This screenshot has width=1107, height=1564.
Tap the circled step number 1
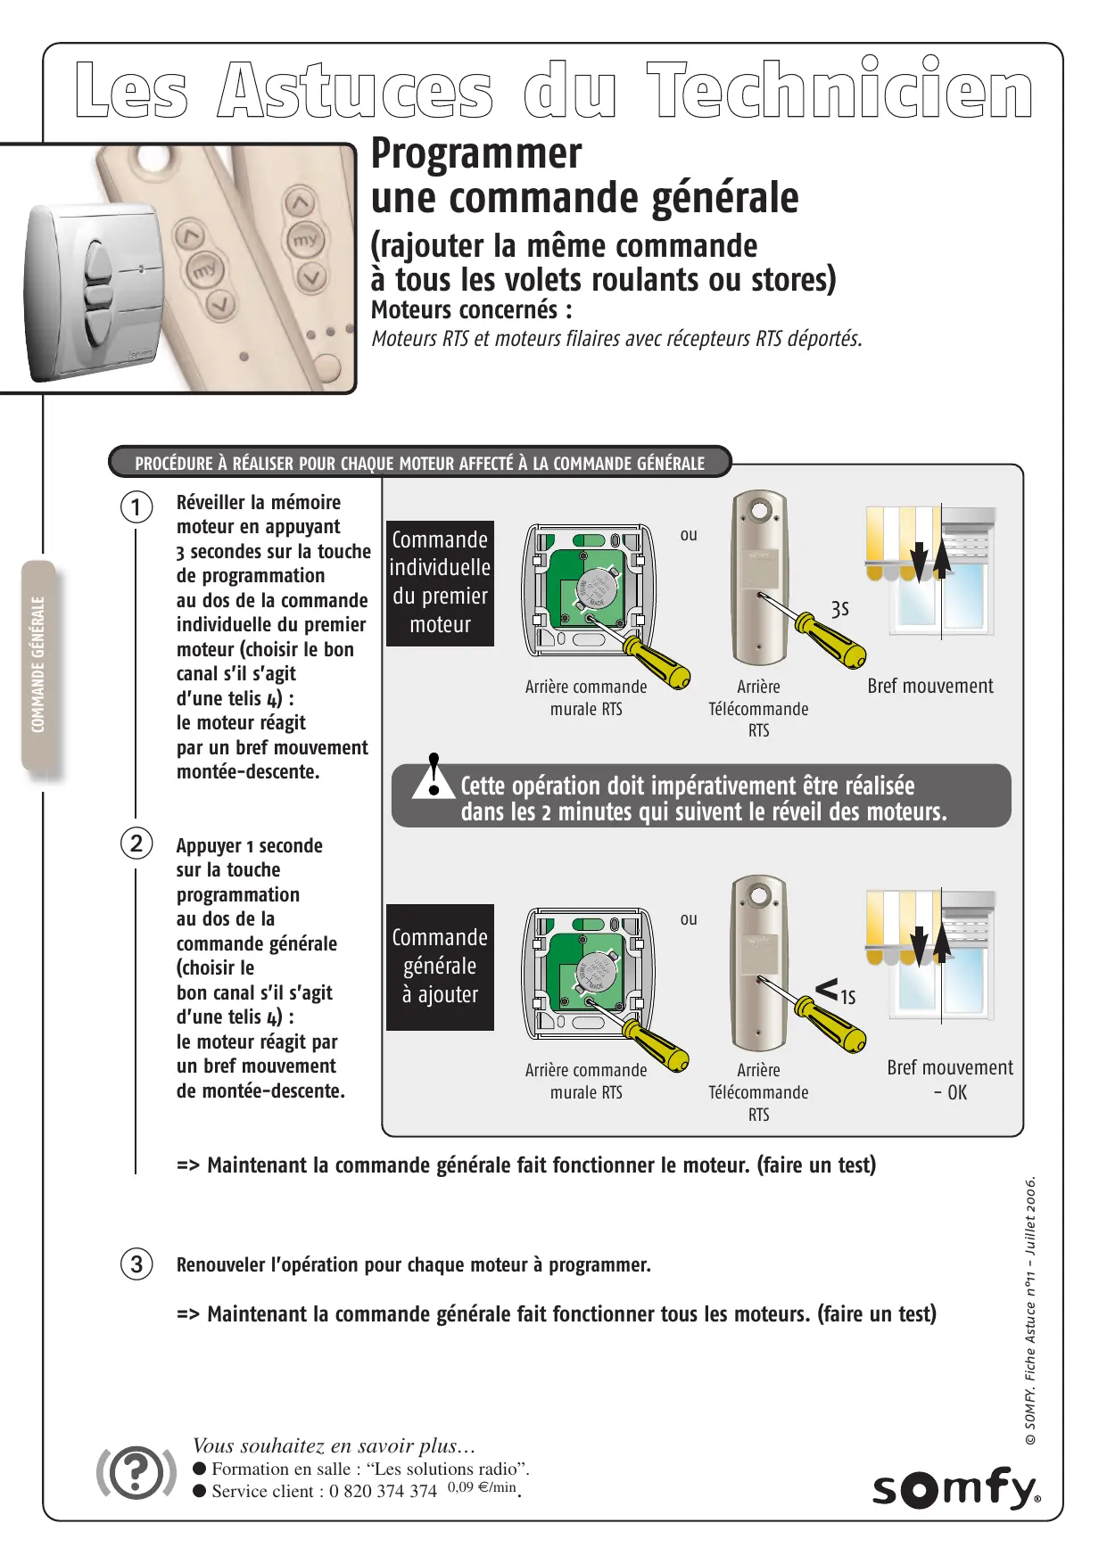pyautogui.click(x=136, y=507)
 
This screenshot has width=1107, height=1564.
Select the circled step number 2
pyautogui.click(x=136, y=844)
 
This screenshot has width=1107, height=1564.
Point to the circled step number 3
pyautogui.click(x=136, y=1264)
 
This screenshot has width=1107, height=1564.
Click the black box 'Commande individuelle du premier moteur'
pyautogui.click(x=440, y=583)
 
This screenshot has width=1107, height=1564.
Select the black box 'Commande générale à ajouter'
pyautogui.click(x=440, y=967)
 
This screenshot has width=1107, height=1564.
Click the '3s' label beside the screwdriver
pyautogui.click(x=839, y=609)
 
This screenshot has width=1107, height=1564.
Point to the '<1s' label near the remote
pyautogui.click(x=836, y=992)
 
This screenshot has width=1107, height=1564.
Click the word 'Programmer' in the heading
pyautogui.click(x=476, y=153)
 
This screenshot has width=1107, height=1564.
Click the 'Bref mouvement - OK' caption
pyautogui.click(x=950, y=1080)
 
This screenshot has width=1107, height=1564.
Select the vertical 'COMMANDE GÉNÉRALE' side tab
pyautogui.click(x=38, y=664)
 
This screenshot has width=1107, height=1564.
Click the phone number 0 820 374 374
pyautogui.click(x=383, y=1491)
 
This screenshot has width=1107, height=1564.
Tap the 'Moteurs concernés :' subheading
pyautogui.click(x=472, y=309)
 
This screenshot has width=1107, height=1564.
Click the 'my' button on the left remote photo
pyautogui.click(x=204, y=268)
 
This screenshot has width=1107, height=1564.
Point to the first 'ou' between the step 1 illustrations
pyautogui.click(x=689, y=535)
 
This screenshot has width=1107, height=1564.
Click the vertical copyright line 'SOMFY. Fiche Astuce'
pyautogui.click(x=1030, y=1311)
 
